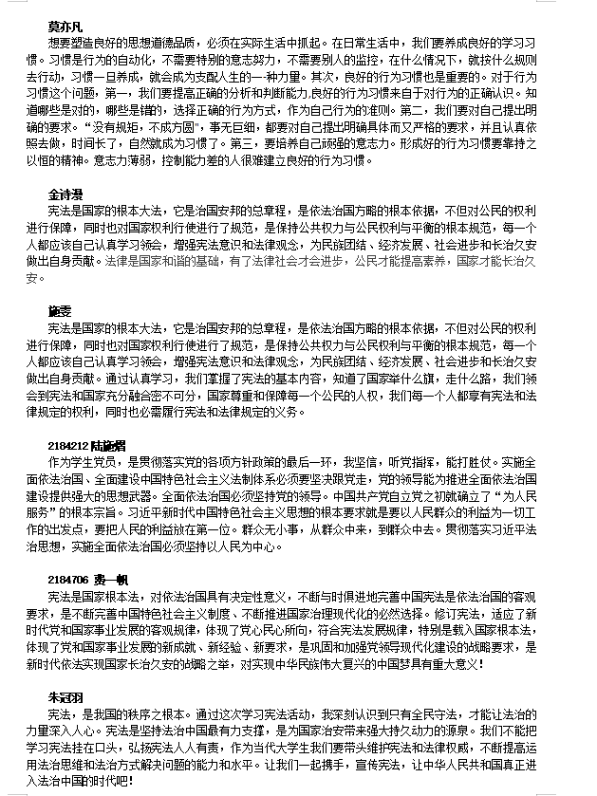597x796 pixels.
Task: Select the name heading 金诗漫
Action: coord(66,194)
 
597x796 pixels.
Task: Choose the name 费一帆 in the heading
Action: coord(108,579)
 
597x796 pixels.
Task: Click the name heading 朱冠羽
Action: coord(66,698)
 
